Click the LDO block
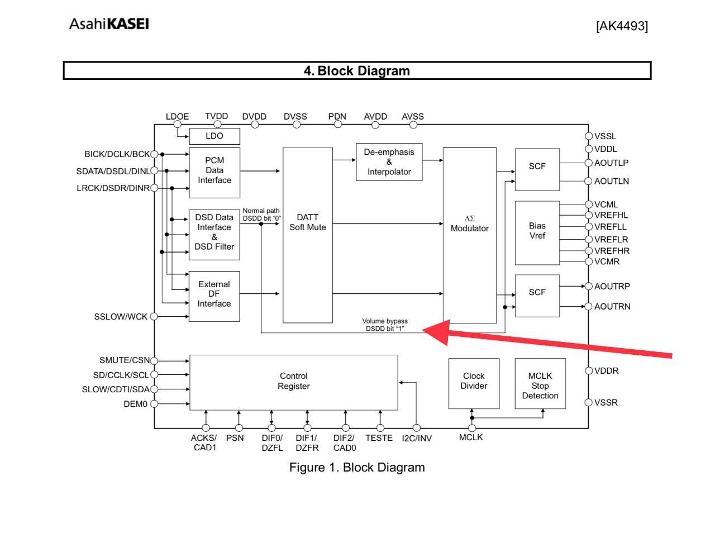pyautogui.click(x=214, y=136)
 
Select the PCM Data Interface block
pyautogui.click(x=214, y=173)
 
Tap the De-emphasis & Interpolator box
pyautogui.click(x=389, y=162)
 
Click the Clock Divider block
pyautogui.click(x=474, y=383)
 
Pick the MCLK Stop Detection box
pyautogui.click(x=540, y=383)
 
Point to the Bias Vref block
pyautogui.click(x=537, y=233)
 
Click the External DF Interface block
pyautogui.click(x=214, y=296)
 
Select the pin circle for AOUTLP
pyautogui.click(x=588, y=163)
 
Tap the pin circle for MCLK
pyautogui.click(x=471, y=428)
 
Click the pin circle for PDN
pyautogui.click(x=338, y=125)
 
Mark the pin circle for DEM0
pyautogui.click(x=154, y=403)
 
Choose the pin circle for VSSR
pyautogui.click(x=588, y=402)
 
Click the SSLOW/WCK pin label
pyautogui.click(x=121, y=317)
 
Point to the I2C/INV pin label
pyautogui.click(x=417, y=438)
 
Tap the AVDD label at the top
pyautogui.click(x=375, y=116)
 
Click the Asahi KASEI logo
pyautogui.click(x=109, y=24)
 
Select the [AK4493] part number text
pyautogui.click(x=622, y=26)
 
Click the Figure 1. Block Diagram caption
pyautogui.click(x=357, y=467)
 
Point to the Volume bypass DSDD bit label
pyautogui.click(x=385, y=325)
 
